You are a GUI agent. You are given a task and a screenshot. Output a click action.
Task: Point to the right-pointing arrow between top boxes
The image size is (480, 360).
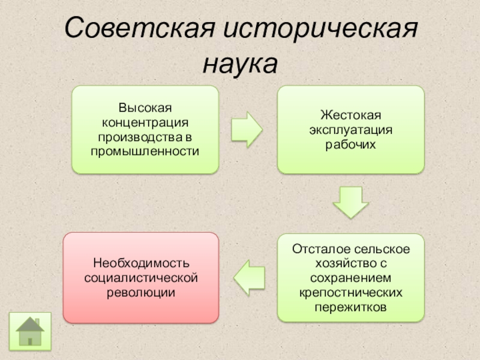coord(247,129)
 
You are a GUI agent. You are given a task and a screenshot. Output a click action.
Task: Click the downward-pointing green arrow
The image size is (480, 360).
coord(350,202)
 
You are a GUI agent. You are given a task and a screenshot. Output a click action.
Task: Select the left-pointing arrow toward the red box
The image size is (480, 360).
coord(247,277)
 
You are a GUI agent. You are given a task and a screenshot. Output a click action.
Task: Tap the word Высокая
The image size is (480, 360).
coord(145,108)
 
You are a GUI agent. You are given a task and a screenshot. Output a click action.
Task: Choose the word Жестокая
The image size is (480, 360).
coord(350,115)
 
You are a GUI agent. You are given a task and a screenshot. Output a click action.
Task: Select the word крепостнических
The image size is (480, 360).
coord(350,292)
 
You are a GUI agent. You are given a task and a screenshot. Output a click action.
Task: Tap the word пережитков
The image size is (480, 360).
coord(350,307)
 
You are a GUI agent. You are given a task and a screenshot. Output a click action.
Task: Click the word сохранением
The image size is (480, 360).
coord(350,278)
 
